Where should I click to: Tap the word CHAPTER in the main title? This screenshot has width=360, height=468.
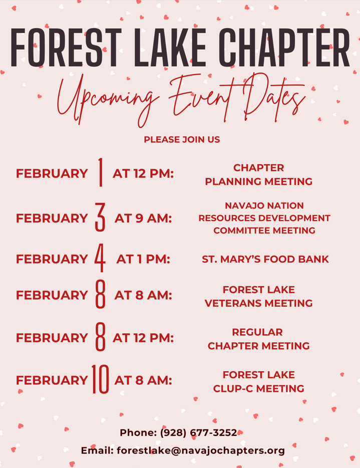284,48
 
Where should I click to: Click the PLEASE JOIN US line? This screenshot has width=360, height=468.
182,139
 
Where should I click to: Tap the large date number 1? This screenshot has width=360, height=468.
101,172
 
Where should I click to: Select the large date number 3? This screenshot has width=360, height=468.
100,217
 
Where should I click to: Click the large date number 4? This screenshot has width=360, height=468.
100,258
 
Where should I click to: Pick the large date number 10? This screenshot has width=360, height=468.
100,379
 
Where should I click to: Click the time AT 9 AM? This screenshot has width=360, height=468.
143,218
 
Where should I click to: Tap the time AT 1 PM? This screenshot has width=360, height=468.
143,259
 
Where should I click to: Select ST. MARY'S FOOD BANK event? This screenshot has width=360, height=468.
265,259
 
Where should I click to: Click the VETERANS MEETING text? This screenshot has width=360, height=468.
258,303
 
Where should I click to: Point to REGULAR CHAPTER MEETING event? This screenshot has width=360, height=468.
258,339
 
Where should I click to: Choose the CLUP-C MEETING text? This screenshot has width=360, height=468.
258,388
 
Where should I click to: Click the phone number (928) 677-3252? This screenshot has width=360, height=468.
199,432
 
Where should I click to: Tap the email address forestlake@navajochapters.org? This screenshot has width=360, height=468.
201,450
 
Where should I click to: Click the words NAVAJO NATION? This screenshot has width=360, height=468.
264,205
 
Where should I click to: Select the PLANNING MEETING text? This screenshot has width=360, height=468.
258,181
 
